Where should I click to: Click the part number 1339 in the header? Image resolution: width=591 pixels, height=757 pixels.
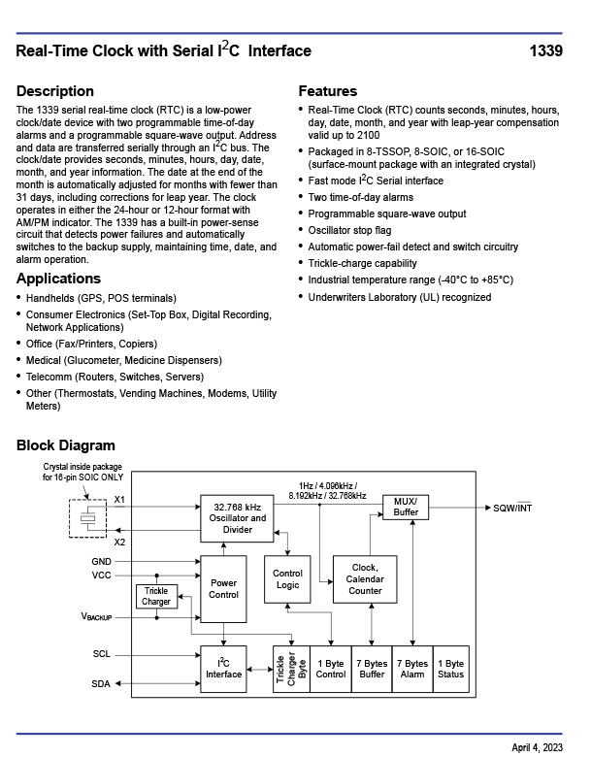coord(545,51)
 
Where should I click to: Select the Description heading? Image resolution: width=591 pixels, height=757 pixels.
coord(55,91)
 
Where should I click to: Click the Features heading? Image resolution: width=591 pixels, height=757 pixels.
coord(327,91)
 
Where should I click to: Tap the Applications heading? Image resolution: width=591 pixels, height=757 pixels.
coord(58,279)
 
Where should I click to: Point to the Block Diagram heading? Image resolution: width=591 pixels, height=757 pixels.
coord(65,445)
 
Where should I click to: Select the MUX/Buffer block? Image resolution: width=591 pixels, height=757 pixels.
coord(406,507)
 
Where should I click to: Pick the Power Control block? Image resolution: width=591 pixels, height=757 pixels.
coord(223,589)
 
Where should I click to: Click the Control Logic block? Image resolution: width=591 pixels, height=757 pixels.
coord(287,579)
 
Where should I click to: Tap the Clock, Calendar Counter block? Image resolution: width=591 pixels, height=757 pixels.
coord(365,579)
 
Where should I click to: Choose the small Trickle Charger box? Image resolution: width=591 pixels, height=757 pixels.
coord(156,596)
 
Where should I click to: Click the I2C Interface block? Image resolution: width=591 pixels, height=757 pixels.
coord(223,668)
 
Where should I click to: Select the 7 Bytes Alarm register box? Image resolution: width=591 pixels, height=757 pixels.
coord(411,669)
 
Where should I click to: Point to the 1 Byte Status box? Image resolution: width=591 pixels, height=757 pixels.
coord(450,669)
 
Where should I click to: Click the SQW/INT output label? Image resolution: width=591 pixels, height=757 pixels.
coord(512,508)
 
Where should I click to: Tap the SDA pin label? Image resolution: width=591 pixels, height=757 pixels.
coord(101,684)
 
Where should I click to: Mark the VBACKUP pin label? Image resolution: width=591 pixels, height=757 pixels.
coord(96,617)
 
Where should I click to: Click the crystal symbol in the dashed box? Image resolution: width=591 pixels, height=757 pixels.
coord(89,518)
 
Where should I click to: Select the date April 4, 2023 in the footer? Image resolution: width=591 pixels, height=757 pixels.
coord(537,746)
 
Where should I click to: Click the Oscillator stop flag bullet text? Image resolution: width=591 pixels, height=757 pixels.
coord(349,230)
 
